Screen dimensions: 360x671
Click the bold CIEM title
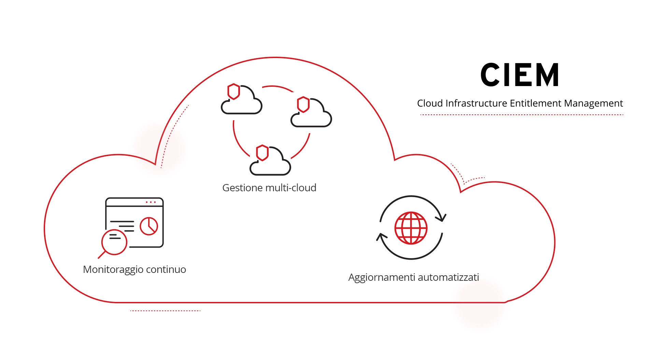pos(519,75)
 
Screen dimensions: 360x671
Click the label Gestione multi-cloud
pos(269,188)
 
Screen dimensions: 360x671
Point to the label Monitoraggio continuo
pos(134,269)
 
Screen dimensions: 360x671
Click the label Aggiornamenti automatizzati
pos(413,277)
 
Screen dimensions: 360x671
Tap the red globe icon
pos(411,228)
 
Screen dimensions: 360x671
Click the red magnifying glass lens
pos(114,242)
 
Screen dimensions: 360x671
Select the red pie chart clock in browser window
pos(149,226)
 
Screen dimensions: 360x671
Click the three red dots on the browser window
pos(151,202)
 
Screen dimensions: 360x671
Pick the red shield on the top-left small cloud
pos(234,92)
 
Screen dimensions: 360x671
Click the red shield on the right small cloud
pos(303,105)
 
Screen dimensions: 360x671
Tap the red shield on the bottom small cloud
pos(262,153)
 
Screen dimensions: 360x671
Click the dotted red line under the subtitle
pos(522,115)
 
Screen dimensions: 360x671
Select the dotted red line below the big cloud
pos(165,311)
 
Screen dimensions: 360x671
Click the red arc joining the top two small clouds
pos(278,87)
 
